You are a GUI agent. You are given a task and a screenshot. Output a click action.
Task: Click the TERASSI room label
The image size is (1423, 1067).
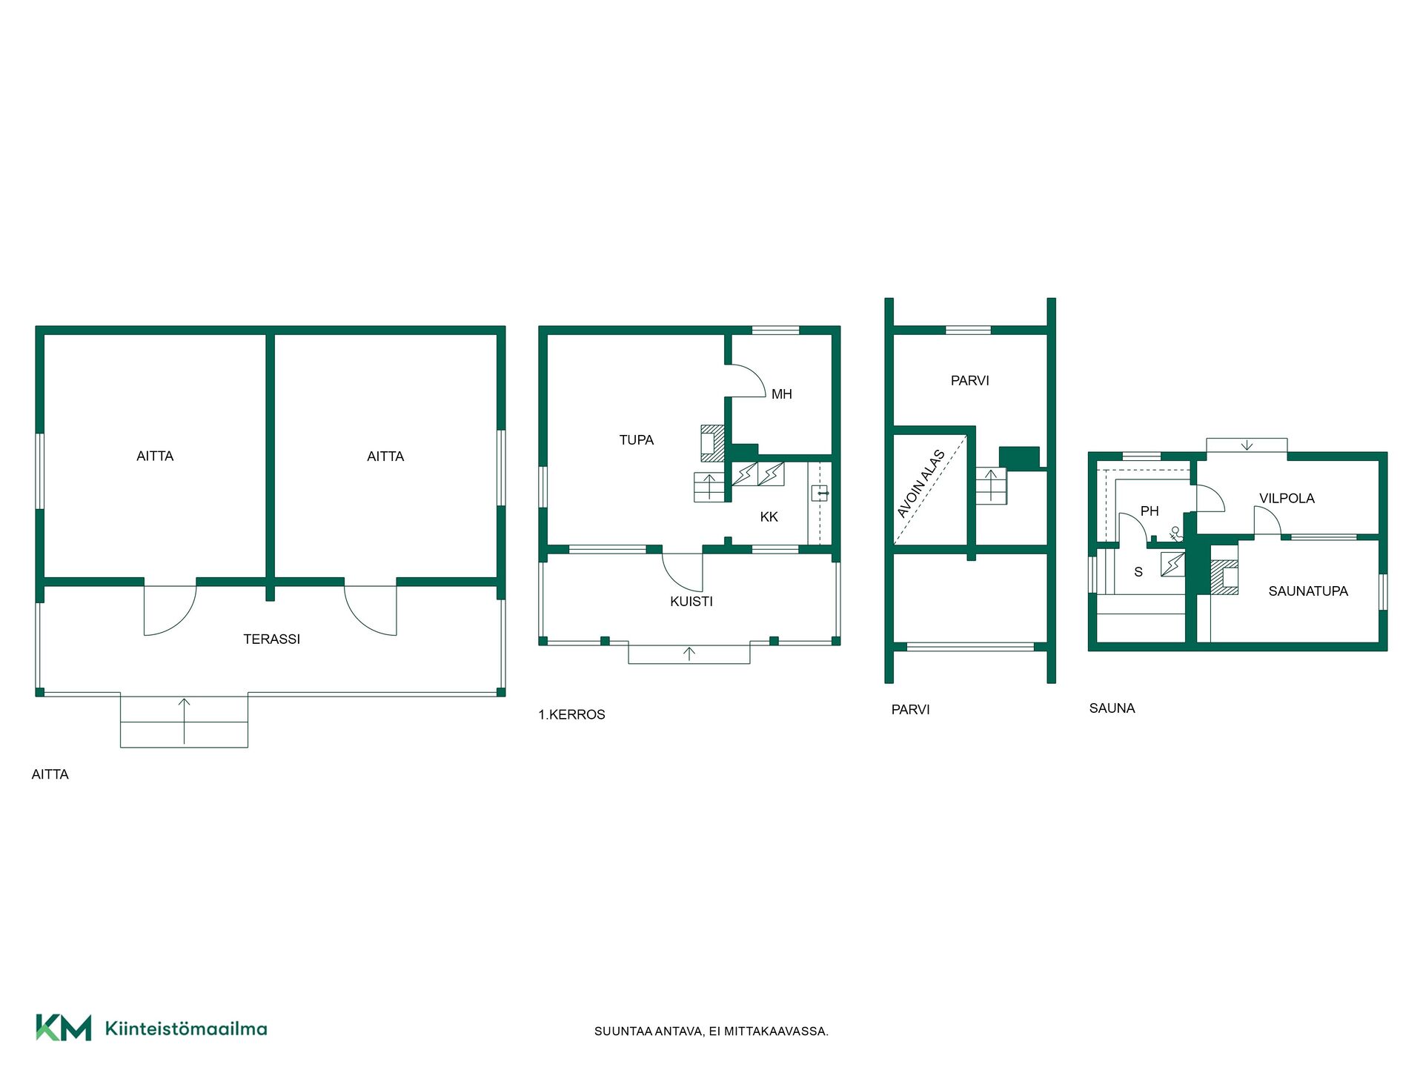(271, 639)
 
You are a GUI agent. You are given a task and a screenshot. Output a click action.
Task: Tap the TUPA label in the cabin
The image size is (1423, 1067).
(636, 440)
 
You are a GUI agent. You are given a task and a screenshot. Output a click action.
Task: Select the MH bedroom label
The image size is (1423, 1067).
(781, 394)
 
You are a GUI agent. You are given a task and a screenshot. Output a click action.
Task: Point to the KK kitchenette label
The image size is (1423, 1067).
(769, 516)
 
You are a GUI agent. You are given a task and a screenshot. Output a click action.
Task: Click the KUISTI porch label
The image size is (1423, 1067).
(691, 602)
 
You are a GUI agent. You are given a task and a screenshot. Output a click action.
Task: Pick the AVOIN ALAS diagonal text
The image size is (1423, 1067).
(921, 483)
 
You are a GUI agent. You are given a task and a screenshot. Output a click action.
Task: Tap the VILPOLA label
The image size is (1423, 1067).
(1287, 499)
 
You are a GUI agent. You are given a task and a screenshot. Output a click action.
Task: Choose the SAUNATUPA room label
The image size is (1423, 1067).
(1307, 591)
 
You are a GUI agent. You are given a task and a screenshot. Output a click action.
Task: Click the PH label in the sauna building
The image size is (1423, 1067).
(1149, 511)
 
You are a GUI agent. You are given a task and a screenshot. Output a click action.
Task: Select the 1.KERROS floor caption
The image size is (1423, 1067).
(571, 714)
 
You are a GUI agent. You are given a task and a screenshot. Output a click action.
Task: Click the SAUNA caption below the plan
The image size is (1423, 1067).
(1112, 708)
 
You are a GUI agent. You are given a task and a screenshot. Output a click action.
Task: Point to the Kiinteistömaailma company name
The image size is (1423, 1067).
(186, 1028)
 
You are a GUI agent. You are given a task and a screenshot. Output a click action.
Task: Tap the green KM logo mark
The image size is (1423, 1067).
(64, 1028)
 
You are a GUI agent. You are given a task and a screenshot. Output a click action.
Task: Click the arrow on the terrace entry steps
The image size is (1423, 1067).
(185, 721)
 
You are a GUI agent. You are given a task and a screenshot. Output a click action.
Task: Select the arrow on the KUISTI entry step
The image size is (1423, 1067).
(689, 654)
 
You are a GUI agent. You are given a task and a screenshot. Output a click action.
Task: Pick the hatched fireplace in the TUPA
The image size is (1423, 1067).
(712, 443)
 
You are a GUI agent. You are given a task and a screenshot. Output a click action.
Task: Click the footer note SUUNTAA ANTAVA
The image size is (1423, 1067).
(711, 1031)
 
